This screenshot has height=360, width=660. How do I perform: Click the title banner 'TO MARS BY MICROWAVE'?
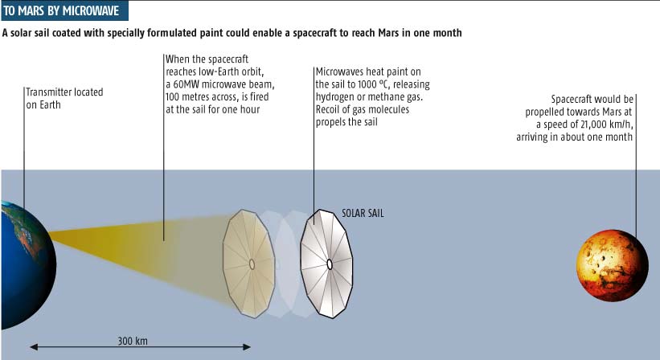[65, 10]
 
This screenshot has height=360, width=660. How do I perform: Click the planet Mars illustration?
[612, 265]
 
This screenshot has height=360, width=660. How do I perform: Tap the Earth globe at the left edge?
[29, 265]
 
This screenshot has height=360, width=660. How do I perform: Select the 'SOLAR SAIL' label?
[363, 213]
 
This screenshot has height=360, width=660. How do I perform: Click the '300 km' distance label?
[133, 341]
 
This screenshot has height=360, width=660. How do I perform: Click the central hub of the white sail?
[330, 264]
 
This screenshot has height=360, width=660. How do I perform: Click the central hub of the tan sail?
[252, 264]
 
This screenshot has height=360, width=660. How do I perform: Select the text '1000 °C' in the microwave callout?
[374, 84]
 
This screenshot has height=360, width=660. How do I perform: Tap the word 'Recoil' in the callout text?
[328, 109]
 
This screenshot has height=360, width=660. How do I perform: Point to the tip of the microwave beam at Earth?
[49, 232]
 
